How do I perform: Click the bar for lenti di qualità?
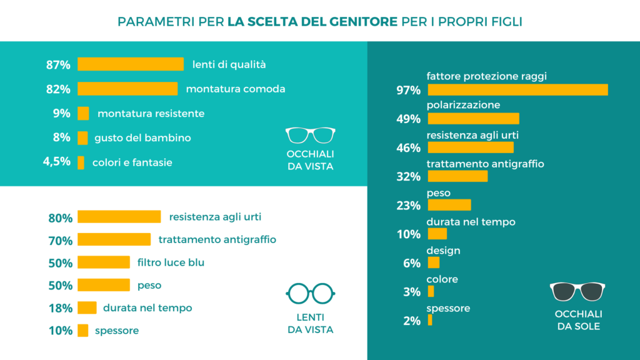coord(130,64)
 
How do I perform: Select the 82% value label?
coord(58,89)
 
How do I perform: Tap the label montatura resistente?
coord(151,113)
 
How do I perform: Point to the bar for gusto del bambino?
coord(82,137)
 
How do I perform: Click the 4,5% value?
coord(56,162)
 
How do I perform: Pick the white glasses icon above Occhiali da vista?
coord(310,135)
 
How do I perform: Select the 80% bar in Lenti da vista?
coord(119,217)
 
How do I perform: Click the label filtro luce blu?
coord(171,262)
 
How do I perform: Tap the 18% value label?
coord(61,308)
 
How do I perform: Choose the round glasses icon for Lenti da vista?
coord(310,292)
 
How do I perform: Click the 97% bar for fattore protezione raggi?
coord(517,90)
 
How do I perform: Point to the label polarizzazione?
coord(463,105)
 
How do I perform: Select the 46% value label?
coord(408,148)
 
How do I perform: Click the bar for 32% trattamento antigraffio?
coord(457,176)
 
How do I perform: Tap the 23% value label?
coord(408,206)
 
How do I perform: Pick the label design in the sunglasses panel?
coord(443,250)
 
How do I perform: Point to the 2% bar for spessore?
coord(430,320)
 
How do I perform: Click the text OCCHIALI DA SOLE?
coord(578,319)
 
